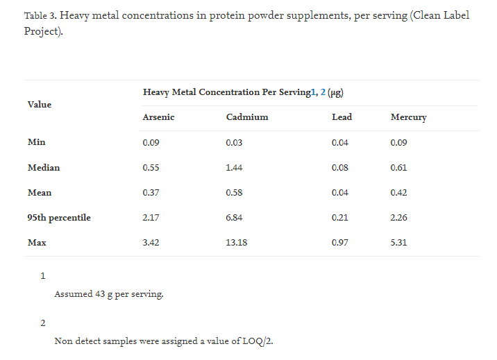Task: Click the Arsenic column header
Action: point(158,117)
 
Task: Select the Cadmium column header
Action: point(246,117)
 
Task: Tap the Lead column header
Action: point(342,117)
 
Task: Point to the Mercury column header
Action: point(408,117)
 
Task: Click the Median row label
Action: point(44,167)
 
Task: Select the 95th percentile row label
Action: point(59,218)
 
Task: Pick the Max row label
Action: point(37,243)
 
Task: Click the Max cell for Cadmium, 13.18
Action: point(237,243)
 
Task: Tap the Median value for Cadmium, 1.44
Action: point(234,167)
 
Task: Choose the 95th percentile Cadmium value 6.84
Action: point(234,218)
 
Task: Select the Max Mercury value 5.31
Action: point(398,243)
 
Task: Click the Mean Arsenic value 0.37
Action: point(151,193)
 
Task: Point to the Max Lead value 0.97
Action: point(340,243)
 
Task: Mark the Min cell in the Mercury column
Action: point(398,142)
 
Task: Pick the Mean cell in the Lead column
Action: point(340,193)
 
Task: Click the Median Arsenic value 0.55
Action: point(151,167)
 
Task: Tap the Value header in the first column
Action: point(40,105)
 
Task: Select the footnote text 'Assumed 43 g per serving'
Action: point(109,294)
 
